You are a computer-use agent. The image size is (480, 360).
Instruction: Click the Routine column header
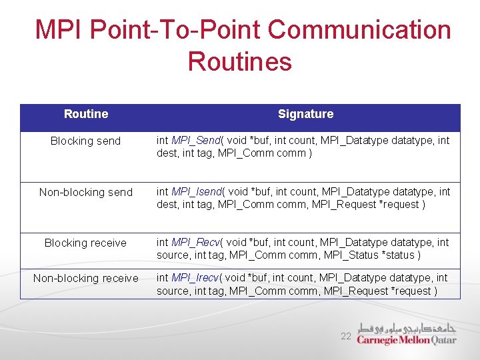click(86, 114)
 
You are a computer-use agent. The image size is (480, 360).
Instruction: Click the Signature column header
click(305, 114)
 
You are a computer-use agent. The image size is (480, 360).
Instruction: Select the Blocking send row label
click(86, 141)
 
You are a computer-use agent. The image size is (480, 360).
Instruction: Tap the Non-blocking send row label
click(86, 192)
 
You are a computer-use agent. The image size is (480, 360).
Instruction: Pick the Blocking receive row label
click(85, 243)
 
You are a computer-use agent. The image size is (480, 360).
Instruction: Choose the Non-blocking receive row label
click(86, 278)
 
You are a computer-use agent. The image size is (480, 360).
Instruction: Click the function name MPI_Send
click(196, 141)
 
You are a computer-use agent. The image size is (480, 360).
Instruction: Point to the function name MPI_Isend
click(198, 192)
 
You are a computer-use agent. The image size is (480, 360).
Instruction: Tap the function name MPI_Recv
click(196, 243)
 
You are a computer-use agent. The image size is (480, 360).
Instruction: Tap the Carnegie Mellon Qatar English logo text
click(407, 339)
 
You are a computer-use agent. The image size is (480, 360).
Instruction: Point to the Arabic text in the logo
click(407, 328)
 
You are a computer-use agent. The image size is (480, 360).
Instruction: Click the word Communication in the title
click(360, 30)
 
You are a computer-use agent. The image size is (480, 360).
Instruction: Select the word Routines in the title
click(240, 62)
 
